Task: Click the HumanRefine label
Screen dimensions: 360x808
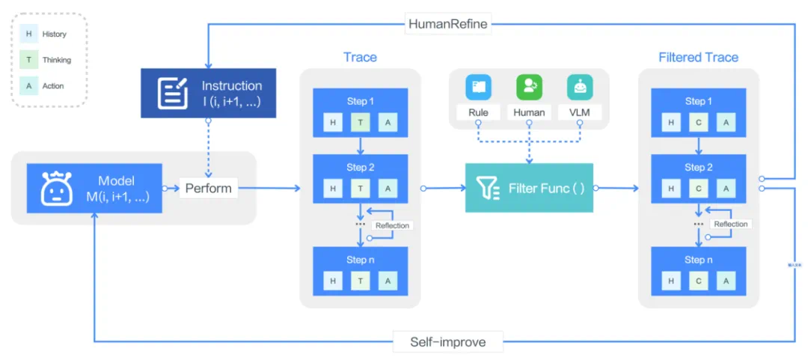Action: tap(447, 24)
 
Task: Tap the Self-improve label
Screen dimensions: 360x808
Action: tap(447, 342)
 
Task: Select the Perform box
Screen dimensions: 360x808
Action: tap(208, 188)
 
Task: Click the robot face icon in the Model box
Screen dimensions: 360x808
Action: tap(57, 188)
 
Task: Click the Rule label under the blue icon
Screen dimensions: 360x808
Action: tap(478, 113)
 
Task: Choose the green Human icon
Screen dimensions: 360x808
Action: tap(529, 87)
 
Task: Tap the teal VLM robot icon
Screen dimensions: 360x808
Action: tap(580, 87)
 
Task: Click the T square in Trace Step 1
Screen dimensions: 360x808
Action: tap(361, 123)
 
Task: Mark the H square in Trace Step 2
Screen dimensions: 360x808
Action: tap(334, 189)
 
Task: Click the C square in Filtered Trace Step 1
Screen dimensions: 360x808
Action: tap(699, 123)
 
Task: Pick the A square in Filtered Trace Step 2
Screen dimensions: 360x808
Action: tap(726, 189)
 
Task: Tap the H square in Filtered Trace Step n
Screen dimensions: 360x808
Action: tap(672, 280)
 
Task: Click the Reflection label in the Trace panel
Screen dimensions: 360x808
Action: tap(393, 225)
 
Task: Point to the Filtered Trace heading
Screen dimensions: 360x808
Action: tap(698, 58)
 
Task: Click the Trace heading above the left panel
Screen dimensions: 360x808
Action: tap(360, 58)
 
